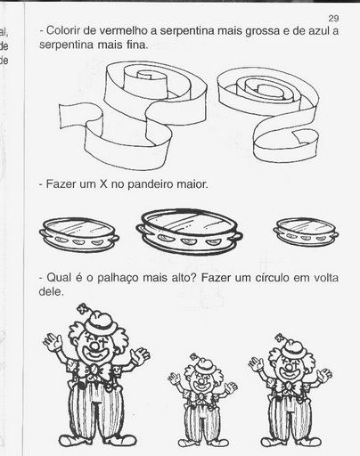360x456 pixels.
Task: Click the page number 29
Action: point(333,19)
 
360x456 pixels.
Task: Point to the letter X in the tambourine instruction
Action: point(102,184)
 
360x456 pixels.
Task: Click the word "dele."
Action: point(51,291)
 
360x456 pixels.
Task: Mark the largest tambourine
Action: point(189,232)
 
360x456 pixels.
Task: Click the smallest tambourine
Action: point(306,232)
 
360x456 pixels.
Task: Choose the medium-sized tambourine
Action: point(79,235)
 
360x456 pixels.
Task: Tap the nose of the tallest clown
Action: point(95,346)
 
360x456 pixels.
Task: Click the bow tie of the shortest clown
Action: point(201,397)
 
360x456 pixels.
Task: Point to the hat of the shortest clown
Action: point(204,366)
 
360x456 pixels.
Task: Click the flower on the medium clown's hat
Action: point(279,338)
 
